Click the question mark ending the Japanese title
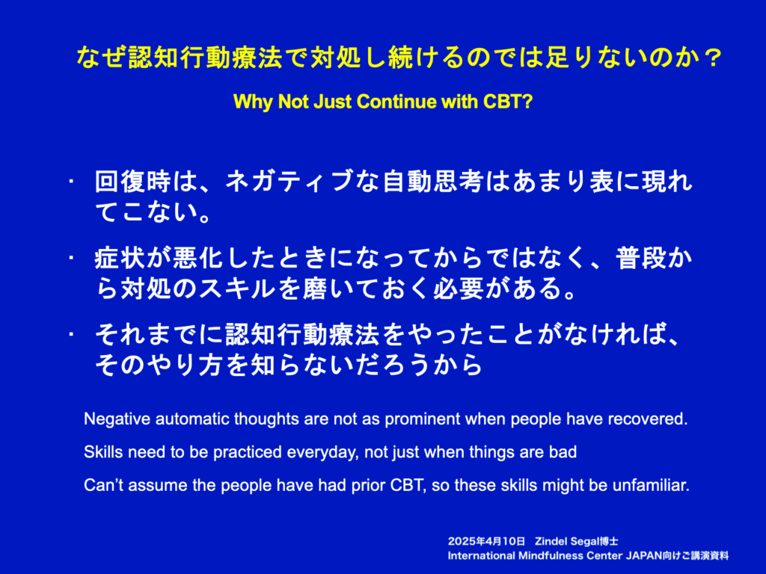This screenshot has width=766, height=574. [x=713, y=58]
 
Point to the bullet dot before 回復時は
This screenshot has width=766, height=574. [x=71, y=182]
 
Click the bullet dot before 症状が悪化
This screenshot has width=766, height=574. [x=71, y=258]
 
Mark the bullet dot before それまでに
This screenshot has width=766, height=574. [x=71, y=335]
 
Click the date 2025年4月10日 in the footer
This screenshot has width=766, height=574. [x=486, y=541]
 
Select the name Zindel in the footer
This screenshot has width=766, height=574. [x=550, y=541]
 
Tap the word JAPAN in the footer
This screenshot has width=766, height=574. [x=641, y=555]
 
